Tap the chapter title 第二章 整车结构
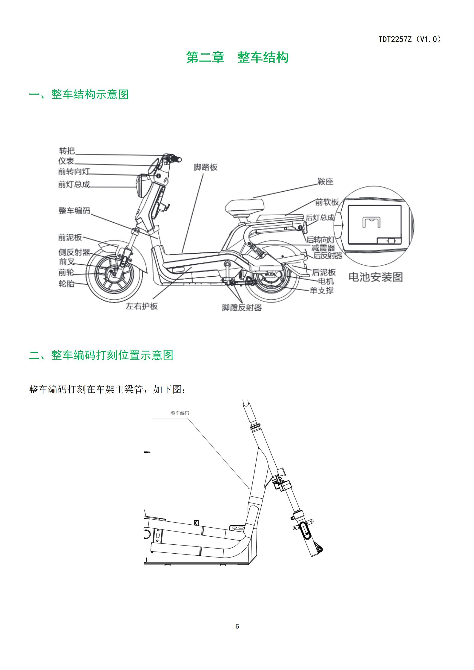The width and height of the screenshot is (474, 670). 237,57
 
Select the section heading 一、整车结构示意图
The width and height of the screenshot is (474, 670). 79,94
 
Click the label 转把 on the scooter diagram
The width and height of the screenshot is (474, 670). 67,151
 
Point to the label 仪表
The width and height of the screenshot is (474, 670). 66,161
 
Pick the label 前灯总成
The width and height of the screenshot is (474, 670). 74,184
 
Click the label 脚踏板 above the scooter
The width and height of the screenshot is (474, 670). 205,167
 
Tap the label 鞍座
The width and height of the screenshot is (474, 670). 325,181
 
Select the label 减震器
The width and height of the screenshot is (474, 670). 323,248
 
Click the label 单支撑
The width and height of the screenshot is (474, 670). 322,290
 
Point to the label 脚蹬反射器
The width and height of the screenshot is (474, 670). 242,308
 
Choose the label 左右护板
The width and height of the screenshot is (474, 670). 142,306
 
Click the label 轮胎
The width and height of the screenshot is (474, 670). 66,284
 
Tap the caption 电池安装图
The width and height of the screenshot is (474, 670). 376,277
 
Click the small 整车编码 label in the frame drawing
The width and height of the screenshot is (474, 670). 180,413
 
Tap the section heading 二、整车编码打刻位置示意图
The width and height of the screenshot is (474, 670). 101,355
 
